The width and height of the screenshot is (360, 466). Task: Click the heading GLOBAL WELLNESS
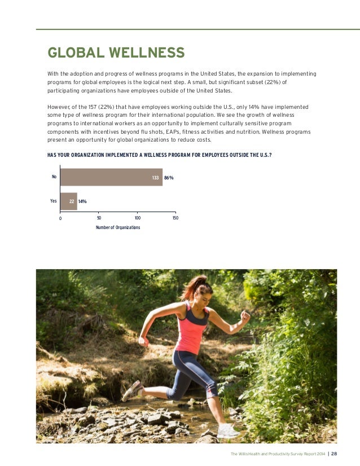[116, 53]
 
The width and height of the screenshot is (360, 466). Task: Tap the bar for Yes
[68, 201]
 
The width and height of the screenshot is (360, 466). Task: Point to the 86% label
[169, 178]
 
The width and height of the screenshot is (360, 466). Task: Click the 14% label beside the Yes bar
[82, 201]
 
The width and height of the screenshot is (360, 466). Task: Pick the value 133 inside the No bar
[155, 178]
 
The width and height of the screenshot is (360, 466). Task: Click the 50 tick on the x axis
[99, 217]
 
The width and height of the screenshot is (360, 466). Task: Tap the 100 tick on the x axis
[137, 217]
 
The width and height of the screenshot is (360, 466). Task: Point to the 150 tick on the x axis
[175, 217]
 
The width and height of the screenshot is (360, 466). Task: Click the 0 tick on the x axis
[60, 218]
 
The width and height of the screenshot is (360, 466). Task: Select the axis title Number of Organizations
[118, 227]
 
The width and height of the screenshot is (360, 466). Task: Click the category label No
[54, 177]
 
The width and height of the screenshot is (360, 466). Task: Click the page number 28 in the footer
[334, 454]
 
